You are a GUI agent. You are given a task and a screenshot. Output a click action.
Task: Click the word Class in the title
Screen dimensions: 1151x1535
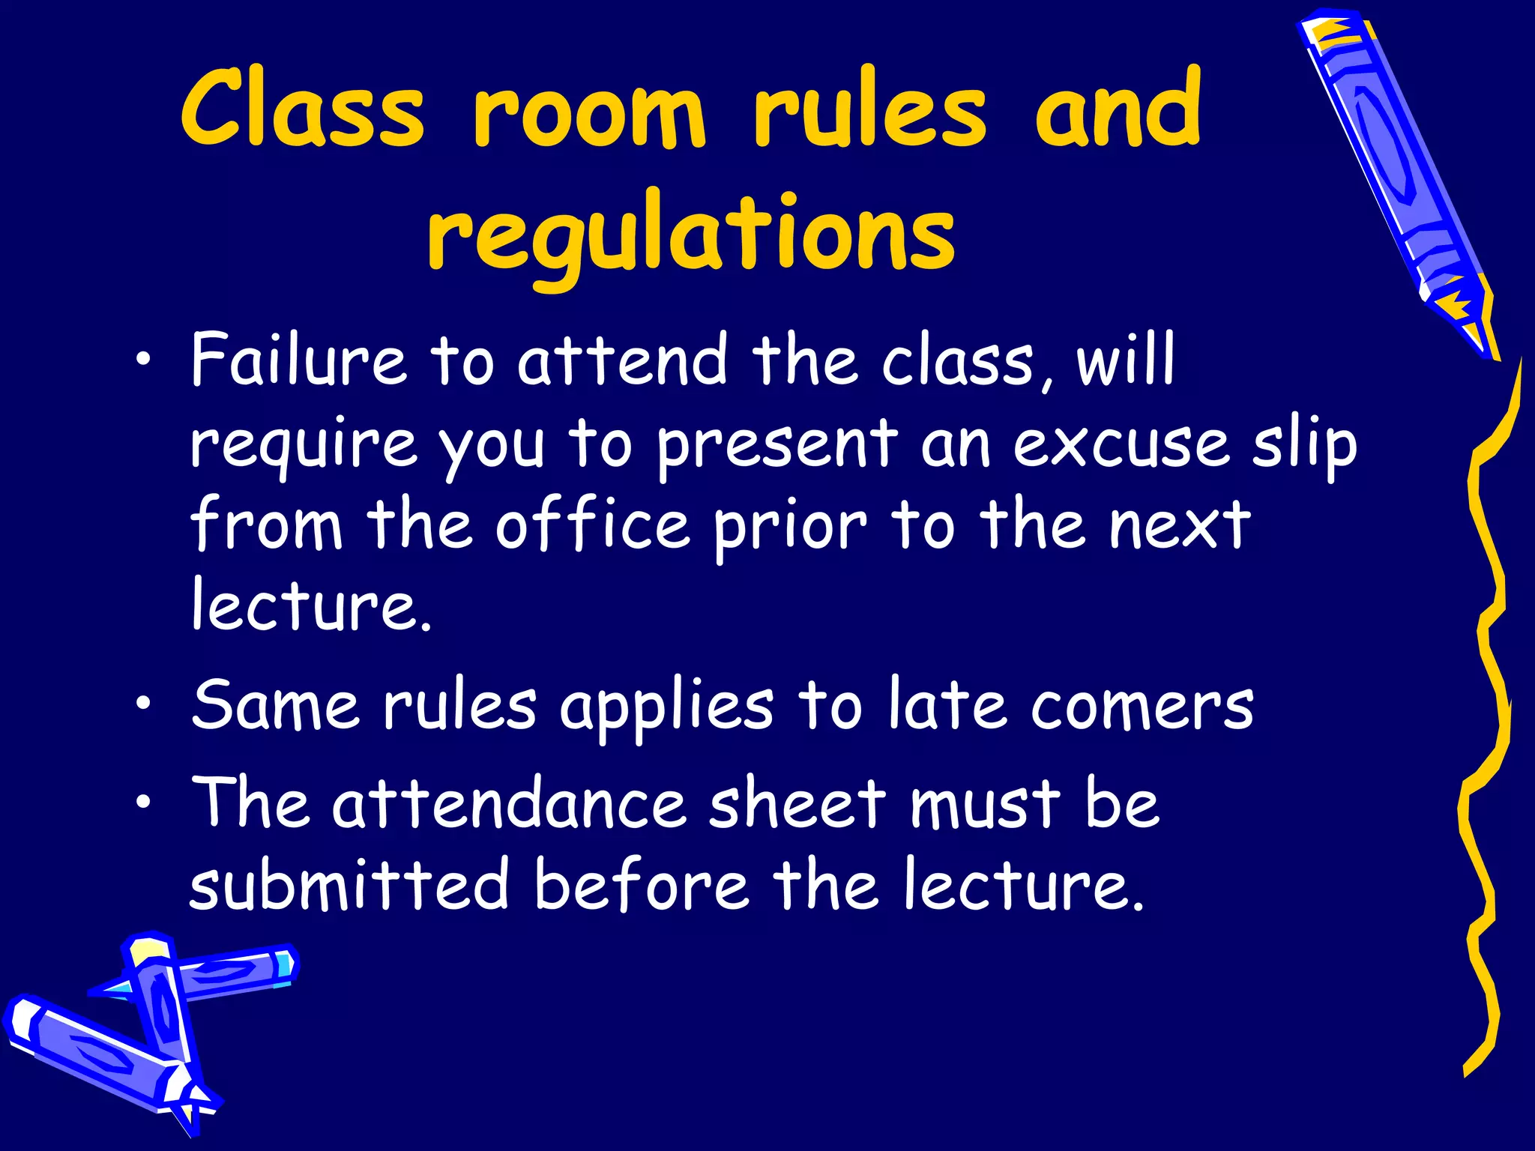(x=303, y=109)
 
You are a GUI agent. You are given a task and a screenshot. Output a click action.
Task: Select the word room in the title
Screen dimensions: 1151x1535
(x=589, y=112)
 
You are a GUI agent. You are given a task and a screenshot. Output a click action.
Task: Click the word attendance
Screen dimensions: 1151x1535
(x=509, y=803)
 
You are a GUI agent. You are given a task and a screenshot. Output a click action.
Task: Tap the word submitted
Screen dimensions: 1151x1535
(x=350, y=884)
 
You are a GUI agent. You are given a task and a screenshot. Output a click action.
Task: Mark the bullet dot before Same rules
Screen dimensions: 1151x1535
(x=143, y=705)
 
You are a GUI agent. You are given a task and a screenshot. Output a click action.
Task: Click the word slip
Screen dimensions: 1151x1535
(x=1305, y=445)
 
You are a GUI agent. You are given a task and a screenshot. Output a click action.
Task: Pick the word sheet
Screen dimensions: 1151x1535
(x=797, y=803)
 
